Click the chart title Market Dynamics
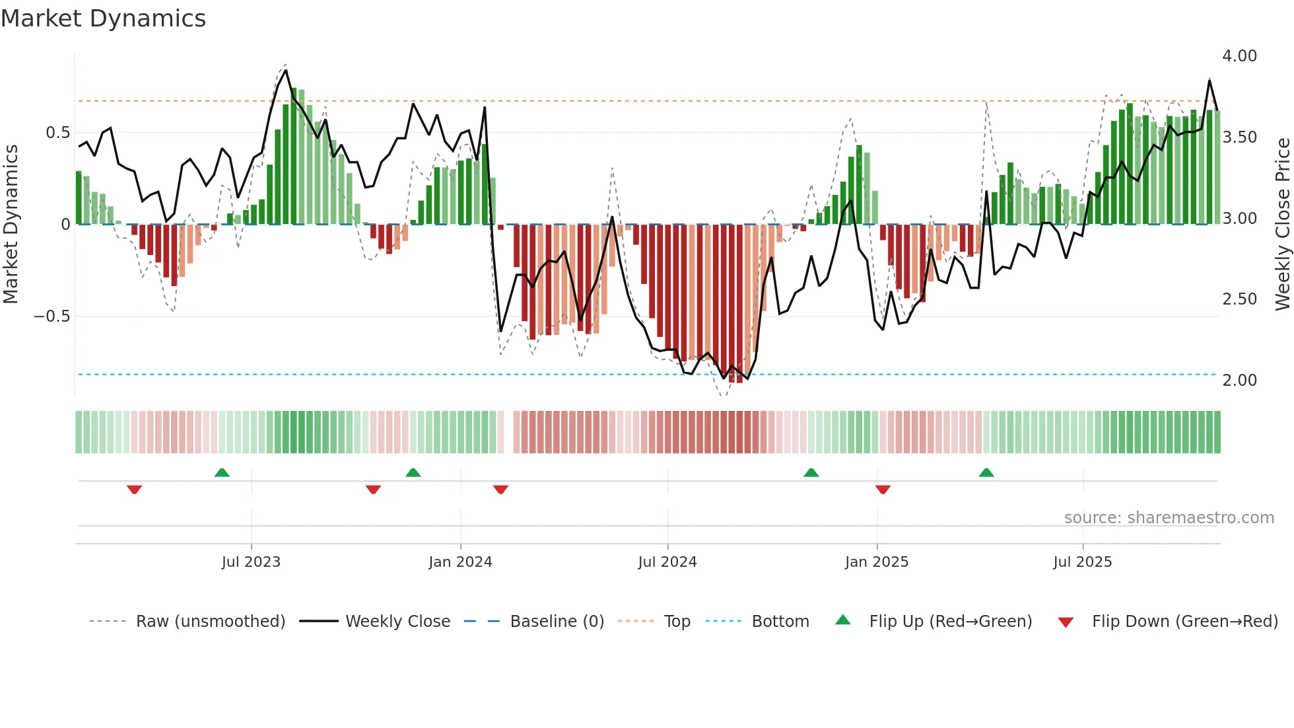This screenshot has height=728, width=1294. click(103, 18)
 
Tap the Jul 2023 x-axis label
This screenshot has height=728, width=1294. click(251, 562)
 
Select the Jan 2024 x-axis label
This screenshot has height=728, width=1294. click(460, 562)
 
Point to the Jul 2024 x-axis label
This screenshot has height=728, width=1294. click(667, 562)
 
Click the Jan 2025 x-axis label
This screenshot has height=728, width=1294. click(877, 562)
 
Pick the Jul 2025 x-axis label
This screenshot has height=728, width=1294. click(1083, 562)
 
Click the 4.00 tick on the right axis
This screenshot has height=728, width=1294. click(1239, 56)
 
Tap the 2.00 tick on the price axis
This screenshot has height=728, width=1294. click(1239, 381)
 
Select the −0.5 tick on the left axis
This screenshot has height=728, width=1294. click(51, 316)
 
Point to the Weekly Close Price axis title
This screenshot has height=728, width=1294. click(1282, 225)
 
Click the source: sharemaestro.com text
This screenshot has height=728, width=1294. click(1169, 518)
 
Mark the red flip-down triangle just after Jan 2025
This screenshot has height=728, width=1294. click(883, 490)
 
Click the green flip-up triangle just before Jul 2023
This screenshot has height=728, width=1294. click(222, 473)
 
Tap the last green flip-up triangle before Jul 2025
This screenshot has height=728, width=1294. click(986, 473)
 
